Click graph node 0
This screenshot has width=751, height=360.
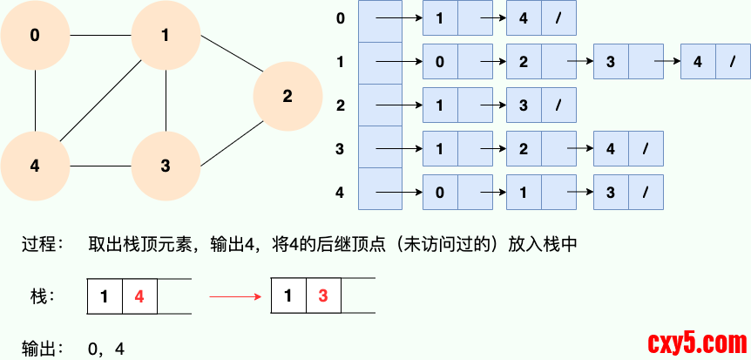35,36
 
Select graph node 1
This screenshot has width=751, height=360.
166,36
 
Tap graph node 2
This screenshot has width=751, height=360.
288,97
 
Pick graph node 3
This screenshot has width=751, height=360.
166,166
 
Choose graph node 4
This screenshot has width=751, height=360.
35,166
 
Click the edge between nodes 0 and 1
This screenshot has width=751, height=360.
100,36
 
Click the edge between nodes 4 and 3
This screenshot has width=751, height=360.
100,166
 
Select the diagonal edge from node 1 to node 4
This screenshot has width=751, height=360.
100,101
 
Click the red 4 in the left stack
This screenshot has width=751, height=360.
139,296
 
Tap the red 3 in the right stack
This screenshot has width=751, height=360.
322,296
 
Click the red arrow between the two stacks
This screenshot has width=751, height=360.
235,296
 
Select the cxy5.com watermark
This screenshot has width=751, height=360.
693,341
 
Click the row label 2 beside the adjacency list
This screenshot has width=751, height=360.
341,105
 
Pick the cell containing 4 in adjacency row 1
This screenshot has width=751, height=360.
698,62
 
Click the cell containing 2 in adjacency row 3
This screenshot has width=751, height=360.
524,149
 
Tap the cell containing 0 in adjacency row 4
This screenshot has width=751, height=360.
440,191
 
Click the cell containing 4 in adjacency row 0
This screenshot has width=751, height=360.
524,18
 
